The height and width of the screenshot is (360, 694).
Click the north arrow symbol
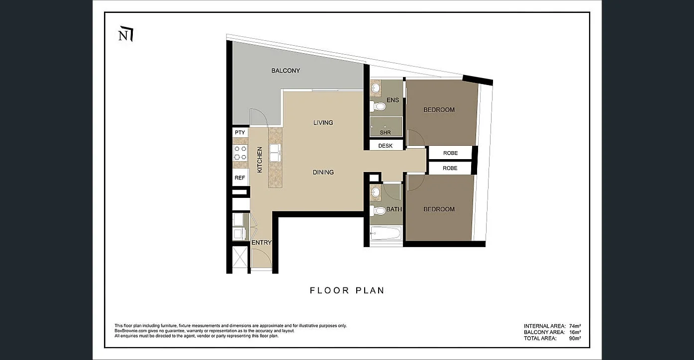[x=125, y=35]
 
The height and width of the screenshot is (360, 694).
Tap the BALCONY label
[x=286, y=71]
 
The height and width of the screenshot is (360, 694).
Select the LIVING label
[x=323, y=122]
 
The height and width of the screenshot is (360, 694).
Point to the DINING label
[x=323, y=172]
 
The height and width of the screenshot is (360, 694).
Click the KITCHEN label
[x=259, y=160]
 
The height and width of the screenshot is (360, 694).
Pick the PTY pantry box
[x=240, y=133]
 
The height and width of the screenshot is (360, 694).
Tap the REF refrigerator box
[x=240, y=178]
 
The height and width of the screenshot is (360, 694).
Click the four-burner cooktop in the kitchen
[x=240, y=153]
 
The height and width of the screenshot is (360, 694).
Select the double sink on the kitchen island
[x=275, y=153]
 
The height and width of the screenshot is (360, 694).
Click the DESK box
[x=386, y=146]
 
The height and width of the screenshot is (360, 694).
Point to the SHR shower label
[x=385, y=133]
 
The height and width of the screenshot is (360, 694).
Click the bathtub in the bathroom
[x=386, y=233]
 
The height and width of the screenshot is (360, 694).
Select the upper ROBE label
[x=450, y=153]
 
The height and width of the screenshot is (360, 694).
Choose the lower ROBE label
[x=450, y=168]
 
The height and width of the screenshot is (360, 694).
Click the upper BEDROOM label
[x=439, y=110]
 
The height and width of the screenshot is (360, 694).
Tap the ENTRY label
[x=262, y=243]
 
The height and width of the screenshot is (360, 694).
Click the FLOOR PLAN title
[x=347, y=290]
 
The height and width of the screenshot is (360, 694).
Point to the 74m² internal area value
[x=575, y=326]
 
